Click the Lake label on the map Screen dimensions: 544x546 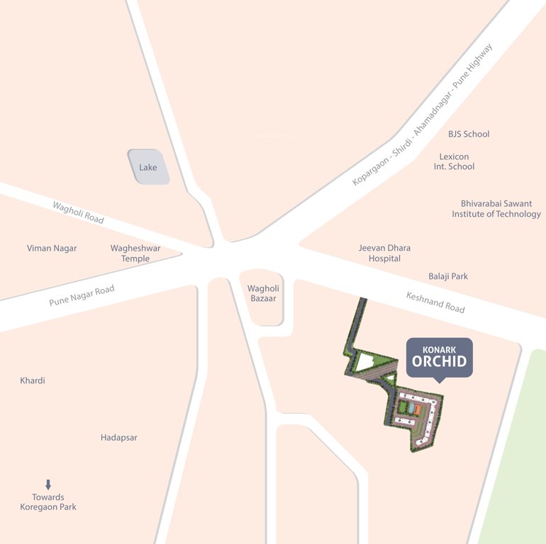[x=148, y=167]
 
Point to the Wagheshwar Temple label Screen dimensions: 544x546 [x=135, y=254]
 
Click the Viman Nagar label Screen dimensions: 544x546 [x=52, y=248]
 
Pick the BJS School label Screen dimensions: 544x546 [x=469, y=134]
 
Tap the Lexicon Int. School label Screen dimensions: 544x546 [x=454, y=161]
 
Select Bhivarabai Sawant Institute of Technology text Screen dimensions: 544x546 [x=496, y=209]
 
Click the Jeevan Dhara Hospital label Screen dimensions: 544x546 [x=384, y=253]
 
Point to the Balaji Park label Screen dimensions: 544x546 [x=448, y=276]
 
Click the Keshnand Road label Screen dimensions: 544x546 [x=435, y=302]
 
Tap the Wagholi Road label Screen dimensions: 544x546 [x=78, y=212]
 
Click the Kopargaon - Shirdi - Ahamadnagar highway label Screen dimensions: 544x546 [x=422, y=115]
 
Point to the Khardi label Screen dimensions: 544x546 [x=33, y=380]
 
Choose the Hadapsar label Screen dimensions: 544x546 [x=119, y=438]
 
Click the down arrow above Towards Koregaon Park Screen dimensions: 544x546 [x=48, y=484]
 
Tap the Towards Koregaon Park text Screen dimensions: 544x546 [x=48, y=502]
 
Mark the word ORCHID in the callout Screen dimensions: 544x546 [x=439, y=362]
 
